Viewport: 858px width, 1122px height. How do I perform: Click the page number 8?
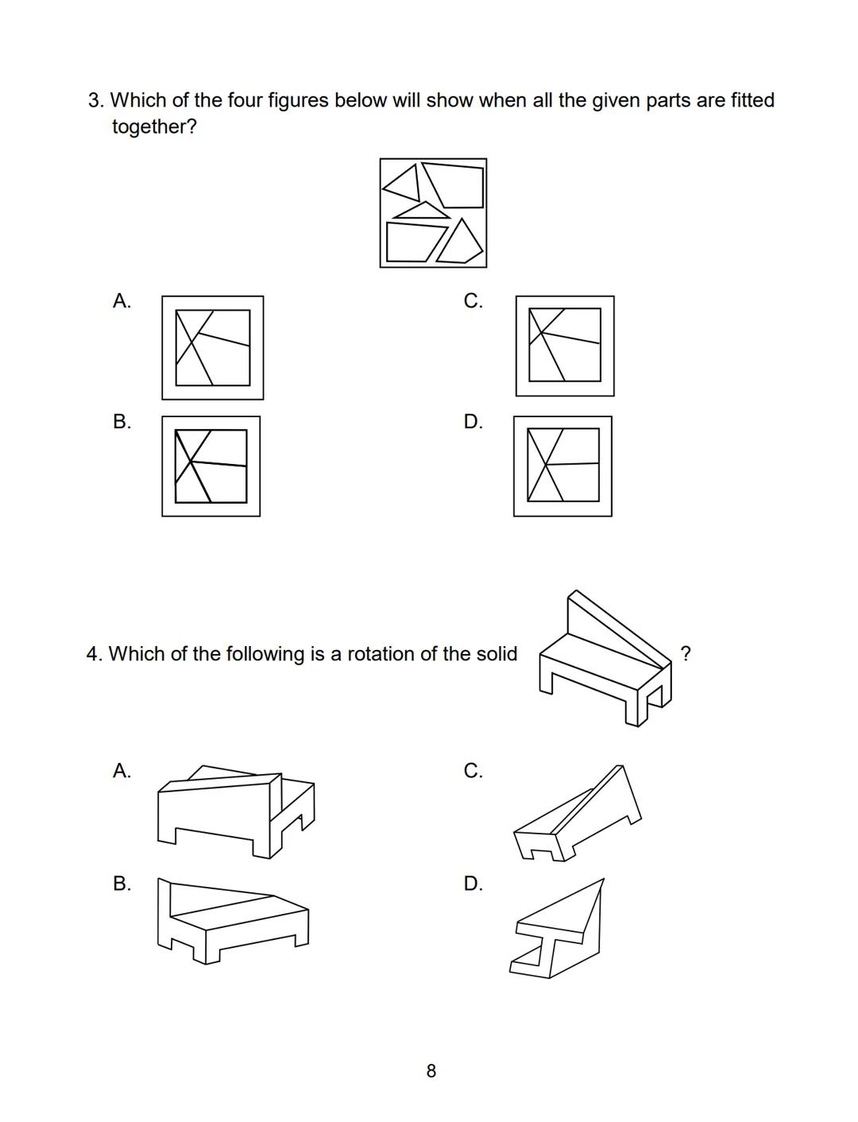tap(431, 1071)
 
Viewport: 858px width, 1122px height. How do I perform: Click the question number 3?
tap(95, 101)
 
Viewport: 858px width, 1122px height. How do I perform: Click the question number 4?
tap(94, 654)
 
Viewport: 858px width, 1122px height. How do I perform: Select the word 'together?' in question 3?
tap(154, 126)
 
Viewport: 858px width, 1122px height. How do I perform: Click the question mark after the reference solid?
tap(686, 653)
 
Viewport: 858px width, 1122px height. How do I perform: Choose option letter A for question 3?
tap(122, 300)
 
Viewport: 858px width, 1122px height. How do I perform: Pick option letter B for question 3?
tap(122, 421)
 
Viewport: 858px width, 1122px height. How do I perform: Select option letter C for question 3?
tap(473, 300)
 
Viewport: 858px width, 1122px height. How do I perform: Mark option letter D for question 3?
tap(473, 421)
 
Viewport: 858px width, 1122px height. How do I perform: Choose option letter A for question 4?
tap(122, 771)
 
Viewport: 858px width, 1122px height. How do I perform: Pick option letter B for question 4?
tap(122, 884)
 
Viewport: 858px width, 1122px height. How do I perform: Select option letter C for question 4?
tap(473, 771)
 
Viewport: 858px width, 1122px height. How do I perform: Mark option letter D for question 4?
tap(473, 884)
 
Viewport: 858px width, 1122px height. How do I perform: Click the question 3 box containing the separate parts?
tap(433, 213)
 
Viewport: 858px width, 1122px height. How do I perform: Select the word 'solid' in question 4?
tap(497, 654)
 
